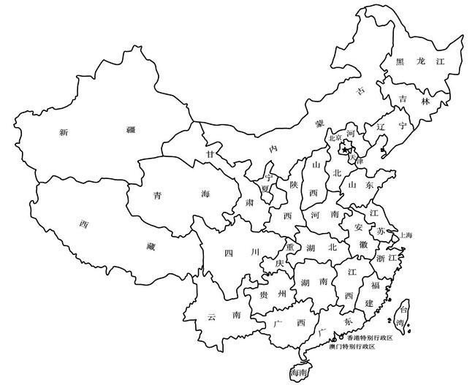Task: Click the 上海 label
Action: pos(406,235)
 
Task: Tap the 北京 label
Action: pos(335,137)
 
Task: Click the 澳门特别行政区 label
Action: pos(351,346)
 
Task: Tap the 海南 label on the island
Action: pos(299,373)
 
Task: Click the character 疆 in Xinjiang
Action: pos(130,130)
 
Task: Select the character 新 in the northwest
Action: pos(64,132)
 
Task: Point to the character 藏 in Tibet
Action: pos(151,247)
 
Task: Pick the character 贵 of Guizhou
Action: pos(264,294)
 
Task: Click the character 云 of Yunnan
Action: pos(211,316)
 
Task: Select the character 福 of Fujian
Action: pos(375,283)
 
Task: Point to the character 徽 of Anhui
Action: pos(363,245)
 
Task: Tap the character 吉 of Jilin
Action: pos(403,99)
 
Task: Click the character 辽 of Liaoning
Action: pos(380,126)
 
